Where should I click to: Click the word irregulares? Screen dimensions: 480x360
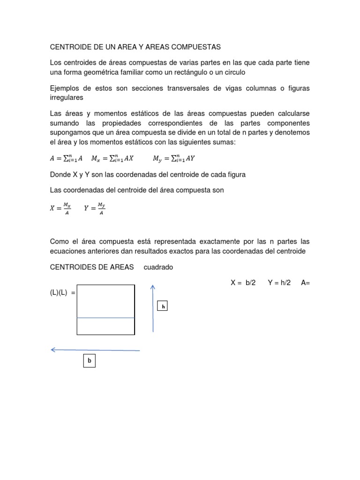click(x=67, y=97)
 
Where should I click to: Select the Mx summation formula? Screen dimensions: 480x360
click(x=112, y=158)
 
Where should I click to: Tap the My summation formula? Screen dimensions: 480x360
click(x=173, y=158)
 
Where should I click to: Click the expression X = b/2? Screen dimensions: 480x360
click(x=243, y=283)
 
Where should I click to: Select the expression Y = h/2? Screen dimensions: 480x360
click(x=279, y=283)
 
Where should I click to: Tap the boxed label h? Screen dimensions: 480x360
click(x=163, y=306)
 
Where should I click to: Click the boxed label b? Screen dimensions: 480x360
click(x=89, y=361)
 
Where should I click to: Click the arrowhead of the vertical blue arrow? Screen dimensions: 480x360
click(x=153, y=287)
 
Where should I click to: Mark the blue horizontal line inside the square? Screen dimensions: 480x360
click(x=106, y=318)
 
